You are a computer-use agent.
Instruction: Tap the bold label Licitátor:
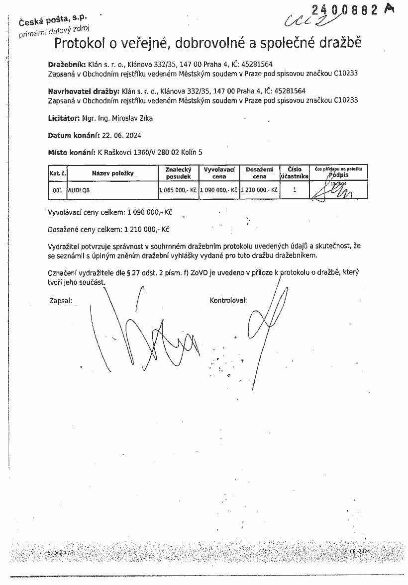pyautogui.click(x=64, y=118)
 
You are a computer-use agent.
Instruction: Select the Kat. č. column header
pyautogui.click(x=57, y=173)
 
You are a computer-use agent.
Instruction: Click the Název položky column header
pyautogui.click(x=112, y=173)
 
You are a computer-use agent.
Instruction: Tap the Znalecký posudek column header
pyautogui.click(x=178, y=173)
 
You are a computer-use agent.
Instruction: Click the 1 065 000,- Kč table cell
pyautogui.click(x=178, y=190)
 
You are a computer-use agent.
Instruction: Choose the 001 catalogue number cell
pyautogui.click(x=57, y=190)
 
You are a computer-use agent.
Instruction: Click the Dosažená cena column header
pyautogui.click(x=259, y=173)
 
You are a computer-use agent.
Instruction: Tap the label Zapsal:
pyautogui.click(x=61, y=300)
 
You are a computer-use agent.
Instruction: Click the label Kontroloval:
pyautogui.click(x=228, y=300)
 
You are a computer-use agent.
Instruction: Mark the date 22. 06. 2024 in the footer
pyautogui.click(x=355, y=552)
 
